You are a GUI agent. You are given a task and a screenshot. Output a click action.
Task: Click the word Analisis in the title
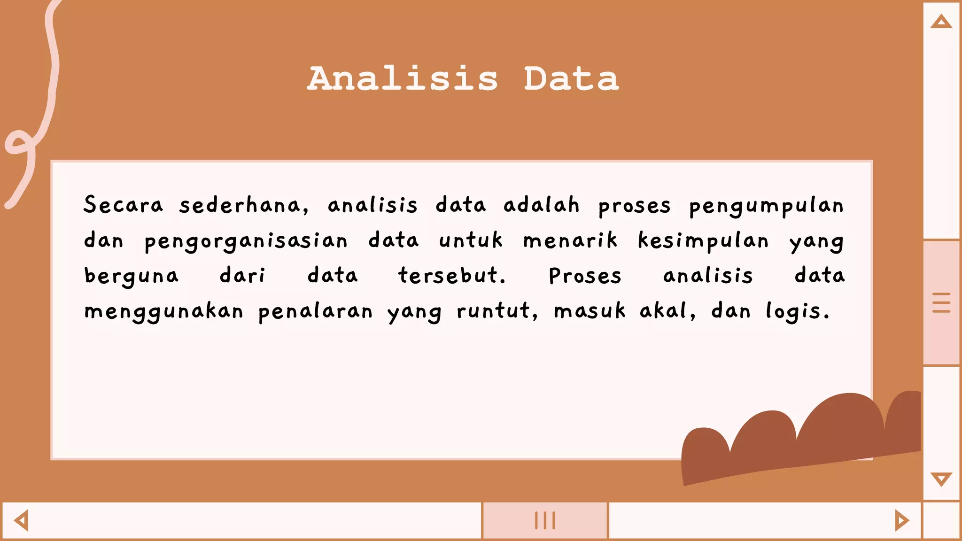(x=403, y=78)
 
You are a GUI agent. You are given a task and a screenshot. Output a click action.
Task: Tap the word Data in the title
(x=571, y=78)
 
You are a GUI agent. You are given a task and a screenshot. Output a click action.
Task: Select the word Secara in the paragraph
(x=124, y=205)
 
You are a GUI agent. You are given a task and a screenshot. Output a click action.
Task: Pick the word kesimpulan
(x=703, y=240)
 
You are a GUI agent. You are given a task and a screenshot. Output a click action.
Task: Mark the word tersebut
(x=452, y=276)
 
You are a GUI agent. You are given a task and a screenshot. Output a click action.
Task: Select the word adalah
(x=541, y=205)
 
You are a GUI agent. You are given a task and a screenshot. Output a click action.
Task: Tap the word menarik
(x=570, y=240)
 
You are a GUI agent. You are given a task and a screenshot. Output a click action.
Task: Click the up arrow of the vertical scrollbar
(x=941, y=22)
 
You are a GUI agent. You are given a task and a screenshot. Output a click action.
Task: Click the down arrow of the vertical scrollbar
(x=941, y=479)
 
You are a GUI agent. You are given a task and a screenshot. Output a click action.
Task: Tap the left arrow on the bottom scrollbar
(x=22, y=520)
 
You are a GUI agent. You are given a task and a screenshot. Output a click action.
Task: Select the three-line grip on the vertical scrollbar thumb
(x=941, y=303)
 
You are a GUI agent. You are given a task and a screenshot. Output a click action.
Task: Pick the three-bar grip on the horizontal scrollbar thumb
(x=545, y=520)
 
